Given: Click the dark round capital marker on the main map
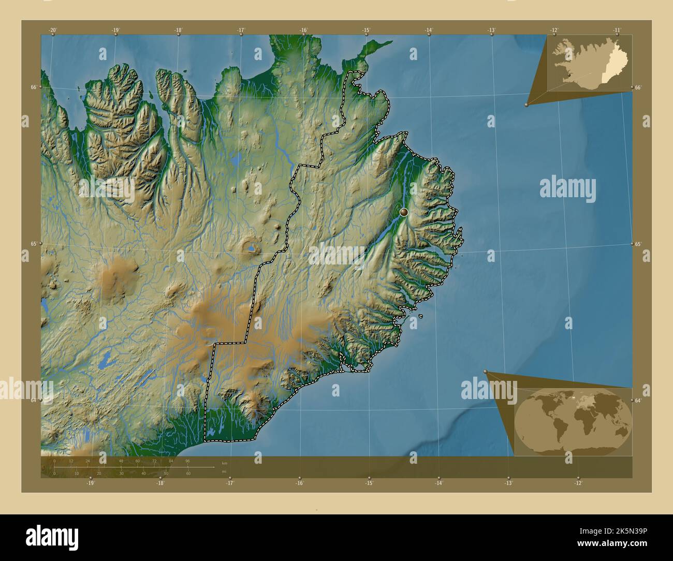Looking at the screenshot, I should coord(404,212).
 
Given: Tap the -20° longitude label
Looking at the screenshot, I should coord(53,30).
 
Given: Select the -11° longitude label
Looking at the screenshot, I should coord(617,30).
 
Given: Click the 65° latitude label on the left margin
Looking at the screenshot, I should coord(33,244).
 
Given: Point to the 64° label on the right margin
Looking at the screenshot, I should coord(638,400).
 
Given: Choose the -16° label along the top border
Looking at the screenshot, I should coord(303,30).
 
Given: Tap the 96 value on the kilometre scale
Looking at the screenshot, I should coord(187,461).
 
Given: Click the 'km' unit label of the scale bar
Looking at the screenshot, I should coord(224,463).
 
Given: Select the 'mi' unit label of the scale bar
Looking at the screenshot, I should coord(224,471).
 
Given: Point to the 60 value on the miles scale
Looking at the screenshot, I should coord(188,473).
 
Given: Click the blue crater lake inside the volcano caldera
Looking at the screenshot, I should coord(251,249).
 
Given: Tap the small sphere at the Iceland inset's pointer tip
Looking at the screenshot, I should coord(526,105).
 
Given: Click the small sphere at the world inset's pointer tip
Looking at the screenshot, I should coord(486,372).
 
